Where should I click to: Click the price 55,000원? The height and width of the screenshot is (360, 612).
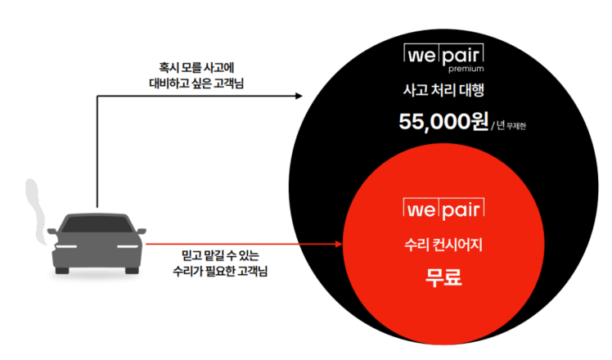coord(443,122)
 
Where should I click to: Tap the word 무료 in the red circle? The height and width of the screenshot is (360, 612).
coord(444,278)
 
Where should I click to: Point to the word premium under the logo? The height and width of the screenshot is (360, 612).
coord(467,70)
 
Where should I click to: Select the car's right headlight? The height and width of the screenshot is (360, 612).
coord(128,247)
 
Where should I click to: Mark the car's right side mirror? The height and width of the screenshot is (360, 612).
coord(142,232)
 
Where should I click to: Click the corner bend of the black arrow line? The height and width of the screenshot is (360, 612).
coord(97,97)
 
